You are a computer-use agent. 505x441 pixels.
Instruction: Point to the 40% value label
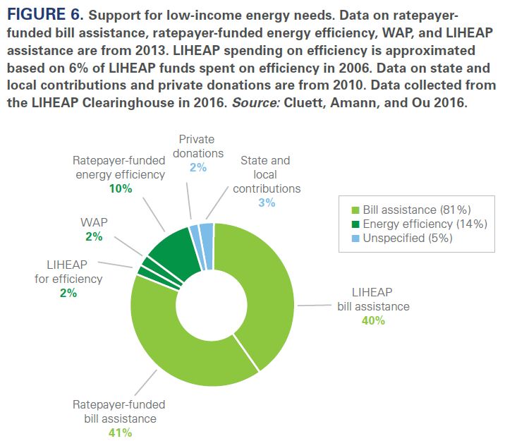click(372, 320)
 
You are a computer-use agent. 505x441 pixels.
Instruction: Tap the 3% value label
click(266, 203)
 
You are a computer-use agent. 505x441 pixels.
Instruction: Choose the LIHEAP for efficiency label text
click(68, 272)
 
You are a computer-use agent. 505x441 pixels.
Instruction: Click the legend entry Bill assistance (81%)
click(416, 210)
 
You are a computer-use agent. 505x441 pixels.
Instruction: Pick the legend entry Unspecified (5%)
click(407, 238)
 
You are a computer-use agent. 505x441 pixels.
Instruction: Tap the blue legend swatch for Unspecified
click(355, 238)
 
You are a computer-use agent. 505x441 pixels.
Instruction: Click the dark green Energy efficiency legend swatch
click(355, 224)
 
